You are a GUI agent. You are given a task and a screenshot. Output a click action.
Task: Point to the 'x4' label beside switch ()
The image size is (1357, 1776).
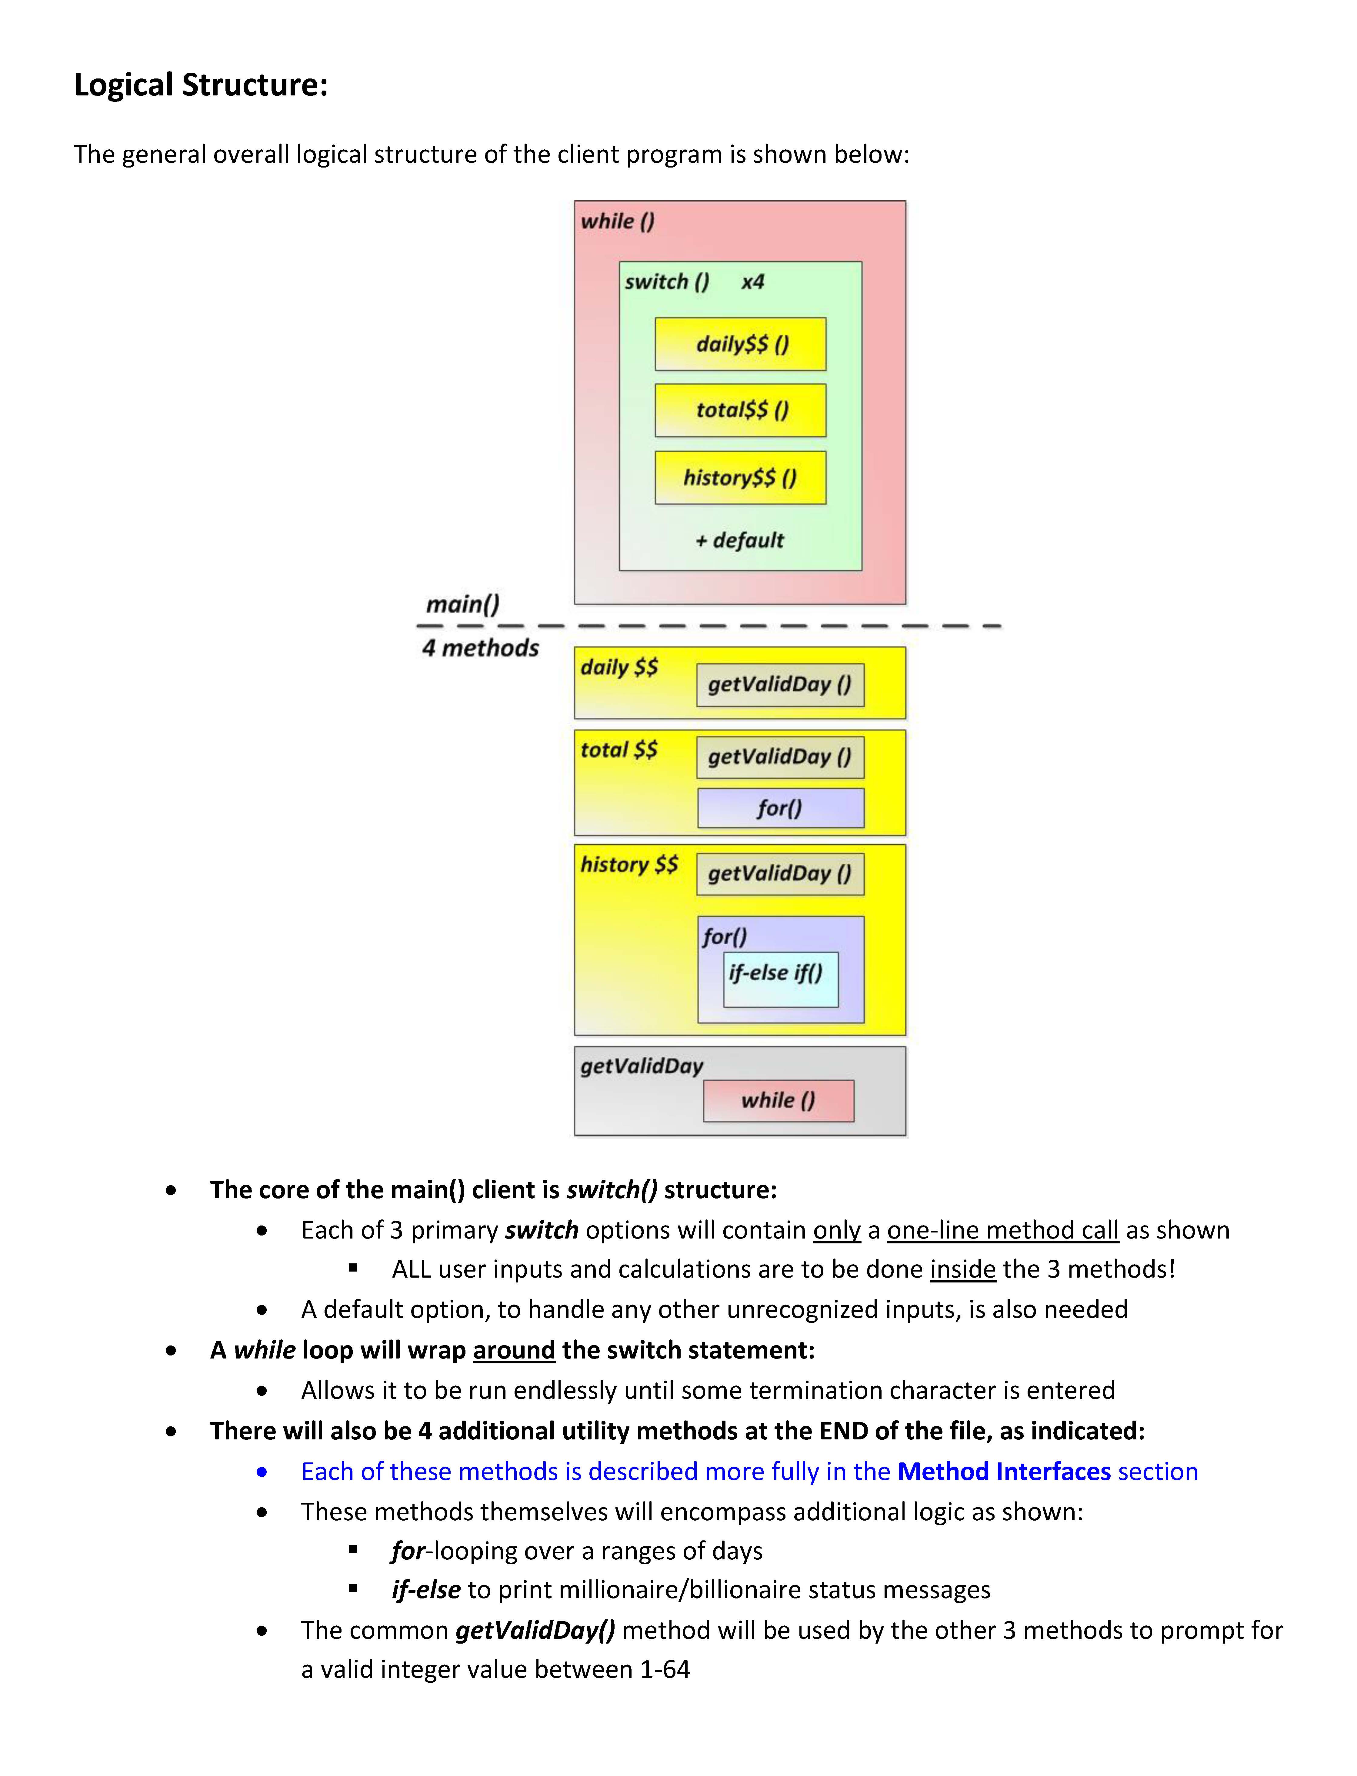pos(753,282)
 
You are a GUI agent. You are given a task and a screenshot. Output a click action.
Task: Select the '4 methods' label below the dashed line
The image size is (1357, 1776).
pos(480,648)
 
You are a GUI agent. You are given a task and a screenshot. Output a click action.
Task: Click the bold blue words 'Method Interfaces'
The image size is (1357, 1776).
pos(1004,1472)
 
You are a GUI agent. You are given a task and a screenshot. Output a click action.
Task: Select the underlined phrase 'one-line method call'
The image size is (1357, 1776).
pos(1002,1230)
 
